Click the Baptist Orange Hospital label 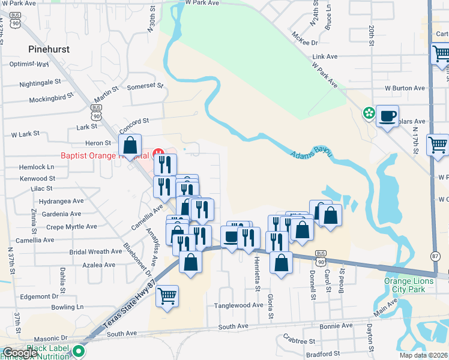pyautogui.click(x=105, y=155)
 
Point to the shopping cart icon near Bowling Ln pyautogui.click(x=167, y=295)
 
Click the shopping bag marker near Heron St pyautogui.click(x=130, y=145)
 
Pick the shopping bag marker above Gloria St pyautogui.click(x=281, y=262)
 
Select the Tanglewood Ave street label pyautogui.click(x=239, y=305)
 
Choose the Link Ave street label pyautogui.click(x=325, y=56)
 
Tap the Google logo pyautogui.click(x=20, y=353)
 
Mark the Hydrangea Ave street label pyautogui.click(x=62, y=201)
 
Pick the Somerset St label pyautogui.click(x=145, y=86)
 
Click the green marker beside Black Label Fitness pyautogui.click(x=79, y=351)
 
